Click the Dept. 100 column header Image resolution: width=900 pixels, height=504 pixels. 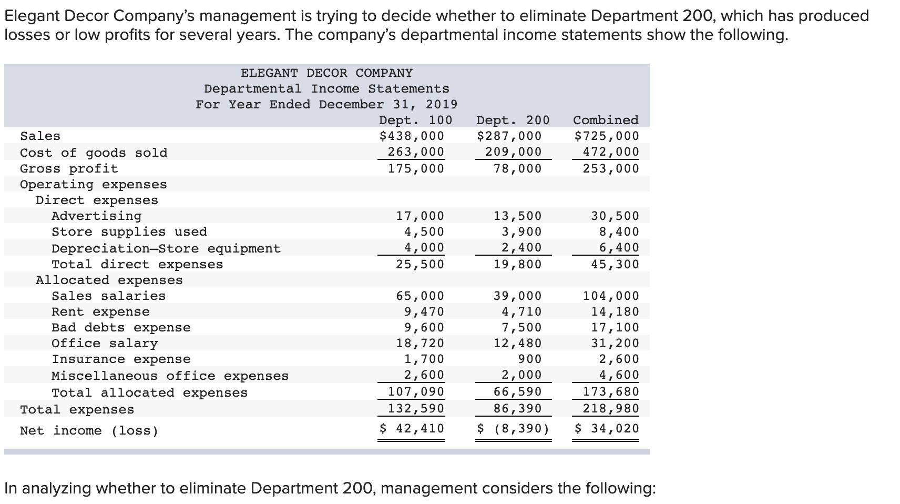point(415,120)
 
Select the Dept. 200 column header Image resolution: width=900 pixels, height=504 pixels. point(513,120)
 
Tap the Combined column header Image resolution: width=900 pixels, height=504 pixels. point(606,120)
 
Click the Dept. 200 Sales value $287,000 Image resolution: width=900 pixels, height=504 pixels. point(509,136)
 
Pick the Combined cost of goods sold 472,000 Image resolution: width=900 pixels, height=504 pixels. point(611,152)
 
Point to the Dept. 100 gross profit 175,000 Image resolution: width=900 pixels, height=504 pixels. point(416,168)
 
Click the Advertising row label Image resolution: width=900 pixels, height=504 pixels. point(96,216)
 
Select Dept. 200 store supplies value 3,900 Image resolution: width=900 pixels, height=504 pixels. point(517,231)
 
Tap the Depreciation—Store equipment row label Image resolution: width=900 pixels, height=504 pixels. point(166,248)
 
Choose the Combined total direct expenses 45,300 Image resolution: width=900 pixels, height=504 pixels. point(615,264)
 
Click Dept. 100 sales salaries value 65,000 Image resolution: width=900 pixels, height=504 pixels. point(420,296)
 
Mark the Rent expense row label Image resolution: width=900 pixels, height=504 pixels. point(100,312)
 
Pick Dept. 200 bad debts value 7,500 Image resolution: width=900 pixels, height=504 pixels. point(521,327)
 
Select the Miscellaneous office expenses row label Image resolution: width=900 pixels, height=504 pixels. point(170,376)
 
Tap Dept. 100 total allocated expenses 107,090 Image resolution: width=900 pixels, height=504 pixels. point(416,391)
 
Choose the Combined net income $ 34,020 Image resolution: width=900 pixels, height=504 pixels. point(607,428)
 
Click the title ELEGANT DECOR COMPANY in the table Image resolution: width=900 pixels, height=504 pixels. point(326,73)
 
